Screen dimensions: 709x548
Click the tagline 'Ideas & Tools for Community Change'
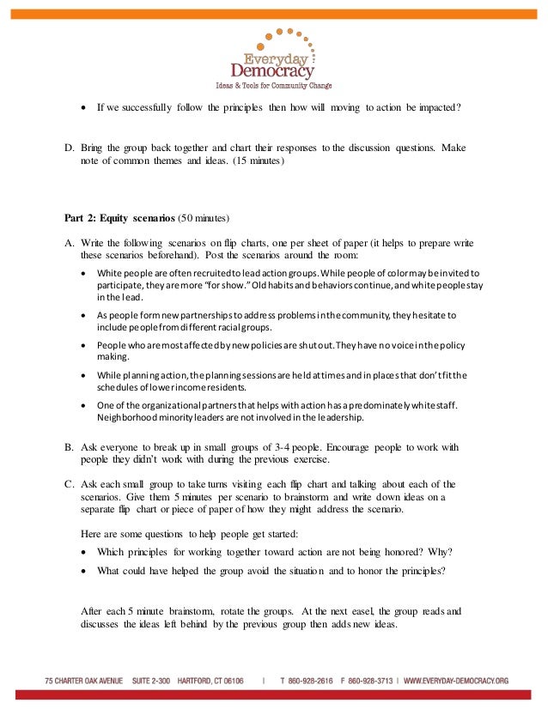[273, 86]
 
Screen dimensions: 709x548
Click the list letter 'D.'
[70, 148]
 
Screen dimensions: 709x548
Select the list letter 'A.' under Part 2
[70, 243]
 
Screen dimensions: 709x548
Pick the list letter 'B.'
[70, 447]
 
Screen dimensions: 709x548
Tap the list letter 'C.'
[70, 485]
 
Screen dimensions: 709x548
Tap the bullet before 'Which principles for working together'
[83, 551]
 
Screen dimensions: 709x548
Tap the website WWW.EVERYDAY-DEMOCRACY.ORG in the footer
[456, 681]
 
